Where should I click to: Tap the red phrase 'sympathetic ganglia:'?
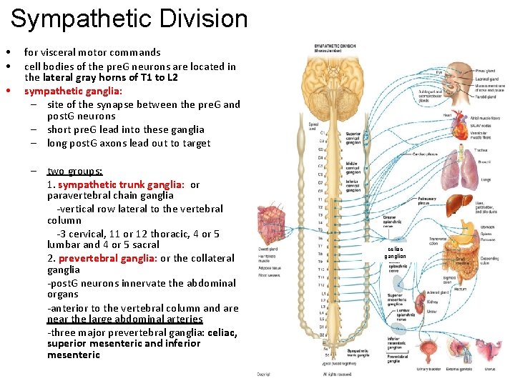74,91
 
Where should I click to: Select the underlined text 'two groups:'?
74,172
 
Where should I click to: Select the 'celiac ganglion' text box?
395,252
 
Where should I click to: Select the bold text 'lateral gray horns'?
87,77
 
